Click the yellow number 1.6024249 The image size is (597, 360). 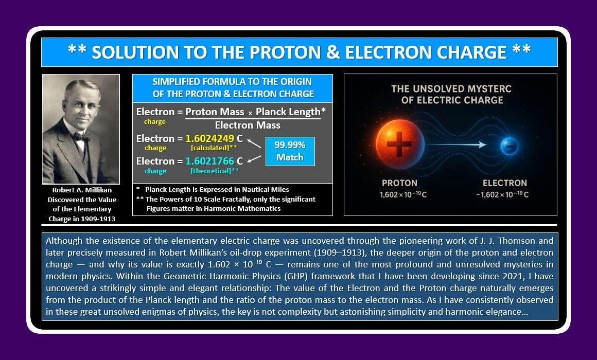pos(210,138)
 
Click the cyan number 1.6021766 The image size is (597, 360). pos(210,161)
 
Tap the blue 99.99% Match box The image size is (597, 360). pos(290,152)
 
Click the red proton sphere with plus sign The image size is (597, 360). pos(400,143)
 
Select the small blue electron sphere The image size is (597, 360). pos(510,146)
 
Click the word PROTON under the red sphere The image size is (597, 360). pos(400,183)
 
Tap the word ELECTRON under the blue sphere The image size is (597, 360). pos(505,183)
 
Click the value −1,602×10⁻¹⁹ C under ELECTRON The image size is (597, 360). pos(502,194)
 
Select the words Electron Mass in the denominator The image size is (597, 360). pos(248,125)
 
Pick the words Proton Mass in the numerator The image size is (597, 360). pos(215,112)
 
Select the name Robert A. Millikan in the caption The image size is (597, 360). pos(82,190)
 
